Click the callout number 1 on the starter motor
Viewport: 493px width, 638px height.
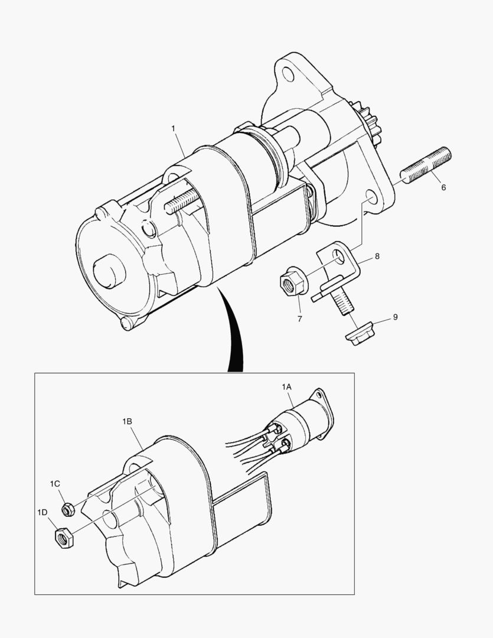point(173,129)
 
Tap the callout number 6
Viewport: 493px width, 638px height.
point(443,187)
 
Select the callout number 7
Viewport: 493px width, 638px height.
point(300,319)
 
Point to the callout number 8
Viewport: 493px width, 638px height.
point(377,256)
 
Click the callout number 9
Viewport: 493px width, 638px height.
point(395,317)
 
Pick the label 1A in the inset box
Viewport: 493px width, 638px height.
point(287,387)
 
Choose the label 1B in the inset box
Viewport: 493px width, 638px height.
point(127,422)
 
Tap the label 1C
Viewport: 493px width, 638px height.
point(55,483)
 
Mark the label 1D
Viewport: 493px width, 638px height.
point(43,512)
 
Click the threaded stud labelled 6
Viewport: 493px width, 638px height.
point(426,165)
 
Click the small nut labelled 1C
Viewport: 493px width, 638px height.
point(68,509)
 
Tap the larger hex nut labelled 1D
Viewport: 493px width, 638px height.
point(63,538)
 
